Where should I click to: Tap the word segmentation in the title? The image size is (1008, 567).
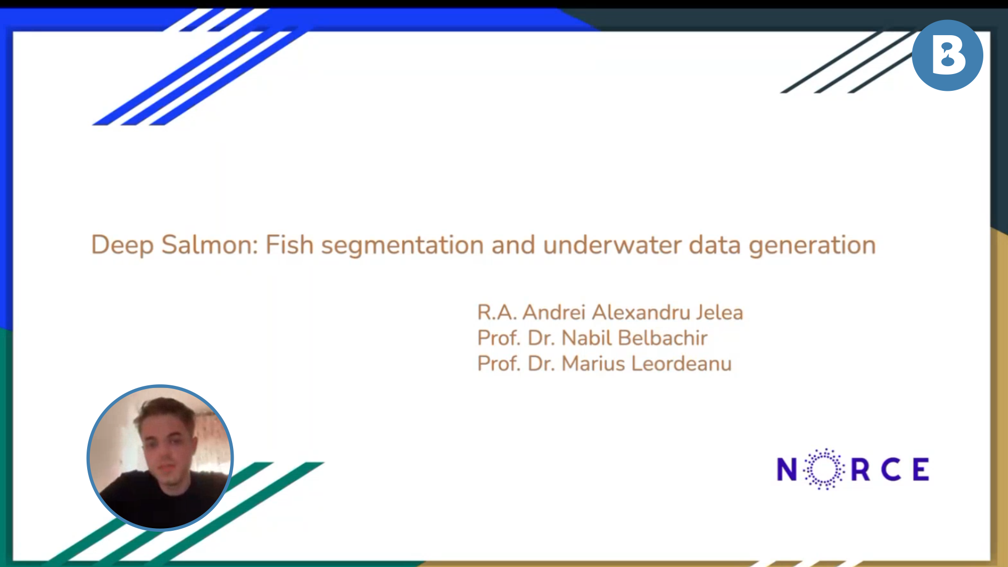click(403, 246)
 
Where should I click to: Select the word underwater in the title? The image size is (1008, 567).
click(612, 245)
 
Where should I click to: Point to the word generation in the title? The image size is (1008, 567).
click(812, 246)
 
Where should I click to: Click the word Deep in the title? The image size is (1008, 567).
click(122, 246)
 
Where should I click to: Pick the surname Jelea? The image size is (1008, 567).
click(720, 312)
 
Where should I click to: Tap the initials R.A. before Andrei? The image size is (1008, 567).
click(497, 312)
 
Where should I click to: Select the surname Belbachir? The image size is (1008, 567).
click(663, 338)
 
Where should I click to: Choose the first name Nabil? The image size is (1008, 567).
click(586, 338)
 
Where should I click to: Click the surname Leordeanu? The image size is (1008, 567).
click(681, 364)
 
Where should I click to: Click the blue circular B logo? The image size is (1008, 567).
click(948, 55)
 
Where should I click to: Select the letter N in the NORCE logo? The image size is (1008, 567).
click(787, 469)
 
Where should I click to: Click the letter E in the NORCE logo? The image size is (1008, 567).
click(921, 469)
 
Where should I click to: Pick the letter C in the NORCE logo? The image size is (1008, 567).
click(891, 469)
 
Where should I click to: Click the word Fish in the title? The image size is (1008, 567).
click(290, 245)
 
